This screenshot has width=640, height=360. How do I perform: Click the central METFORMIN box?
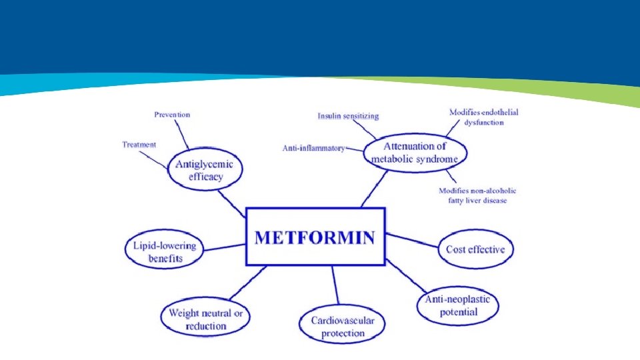315,237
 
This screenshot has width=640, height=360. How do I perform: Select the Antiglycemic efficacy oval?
204,170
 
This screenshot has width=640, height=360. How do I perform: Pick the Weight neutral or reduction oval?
205,319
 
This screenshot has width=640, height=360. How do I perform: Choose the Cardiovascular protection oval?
342,326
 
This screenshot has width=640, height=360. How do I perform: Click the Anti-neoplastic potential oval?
457,305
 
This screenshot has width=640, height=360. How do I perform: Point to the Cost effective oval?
475,249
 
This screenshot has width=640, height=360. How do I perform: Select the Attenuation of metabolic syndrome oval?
415,153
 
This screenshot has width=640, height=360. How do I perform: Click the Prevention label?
172,115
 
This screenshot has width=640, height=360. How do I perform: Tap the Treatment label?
139,145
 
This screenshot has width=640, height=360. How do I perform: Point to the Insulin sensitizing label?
348,116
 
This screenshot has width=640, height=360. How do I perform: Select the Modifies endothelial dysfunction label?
483,117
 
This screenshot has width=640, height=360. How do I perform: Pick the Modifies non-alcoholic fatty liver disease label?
477,195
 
